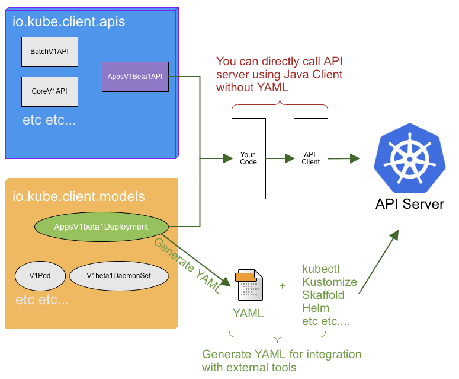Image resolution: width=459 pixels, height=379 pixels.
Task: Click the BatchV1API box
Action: point(50,52)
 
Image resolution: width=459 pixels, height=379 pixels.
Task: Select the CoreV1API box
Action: point(50,91)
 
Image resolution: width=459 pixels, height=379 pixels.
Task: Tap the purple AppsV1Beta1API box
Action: point(135,77)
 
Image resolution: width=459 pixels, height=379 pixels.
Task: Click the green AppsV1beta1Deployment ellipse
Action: point(101,227)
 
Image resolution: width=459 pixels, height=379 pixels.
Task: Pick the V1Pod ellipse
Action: point(40,276)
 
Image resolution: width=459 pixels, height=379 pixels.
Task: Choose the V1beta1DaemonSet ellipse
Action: point(119,276)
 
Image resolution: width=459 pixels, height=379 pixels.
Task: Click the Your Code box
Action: point(248,158)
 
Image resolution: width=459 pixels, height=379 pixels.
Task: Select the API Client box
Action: point(311,158)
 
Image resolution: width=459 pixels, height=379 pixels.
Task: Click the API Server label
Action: point(410,205)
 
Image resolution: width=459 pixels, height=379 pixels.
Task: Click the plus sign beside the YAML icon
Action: point(283,286)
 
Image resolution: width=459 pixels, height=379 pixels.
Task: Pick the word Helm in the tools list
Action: point(316,308)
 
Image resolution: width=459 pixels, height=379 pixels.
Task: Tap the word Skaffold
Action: point(323,295)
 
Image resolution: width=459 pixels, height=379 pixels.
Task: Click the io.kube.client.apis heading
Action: point(69,23)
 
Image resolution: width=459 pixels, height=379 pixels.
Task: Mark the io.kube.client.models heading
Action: point(79,196)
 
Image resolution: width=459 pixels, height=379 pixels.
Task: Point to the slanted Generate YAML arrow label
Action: point(187,265)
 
